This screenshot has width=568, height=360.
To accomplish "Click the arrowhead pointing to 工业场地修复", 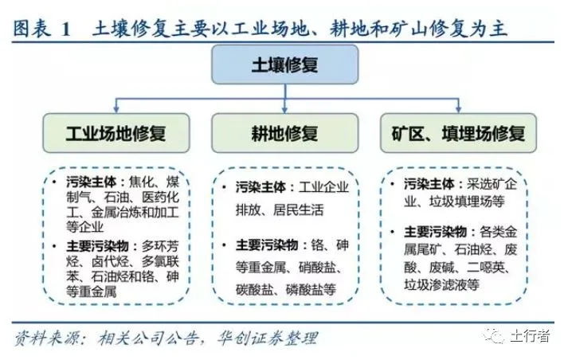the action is [116, 109].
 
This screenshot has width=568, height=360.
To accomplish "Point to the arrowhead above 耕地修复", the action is [284, 109].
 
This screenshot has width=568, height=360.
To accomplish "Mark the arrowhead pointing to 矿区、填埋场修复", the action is [456, 109].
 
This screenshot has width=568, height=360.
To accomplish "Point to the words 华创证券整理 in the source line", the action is [263, 338].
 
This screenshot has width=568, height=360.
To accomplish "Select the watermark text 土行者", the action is [529, 335].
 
